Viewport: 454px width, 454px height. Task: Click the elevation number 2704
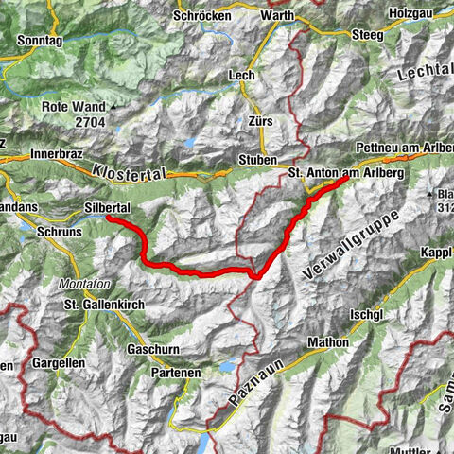pyautogui.click(x=81, y=122)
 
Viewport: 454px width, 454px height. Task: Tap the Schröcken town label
pyautogui.click(x=203, y=15)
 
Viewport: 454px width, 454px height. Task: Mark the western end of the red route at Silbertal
pyautogui.click(x=108, y=218)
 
